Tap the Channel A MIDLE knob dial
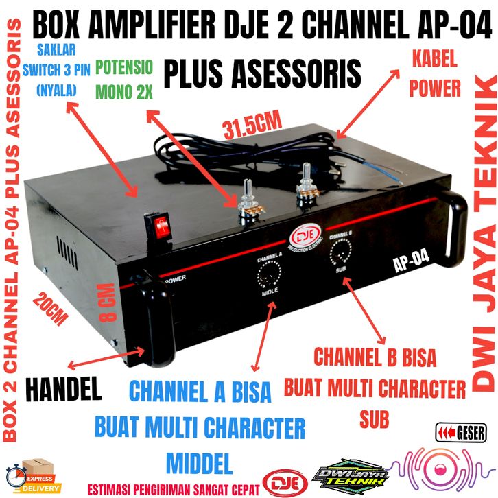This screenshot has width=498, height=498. click(x=268, y=278)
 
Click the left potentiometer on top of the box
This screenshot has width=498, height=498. click(x=246, y=206)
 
